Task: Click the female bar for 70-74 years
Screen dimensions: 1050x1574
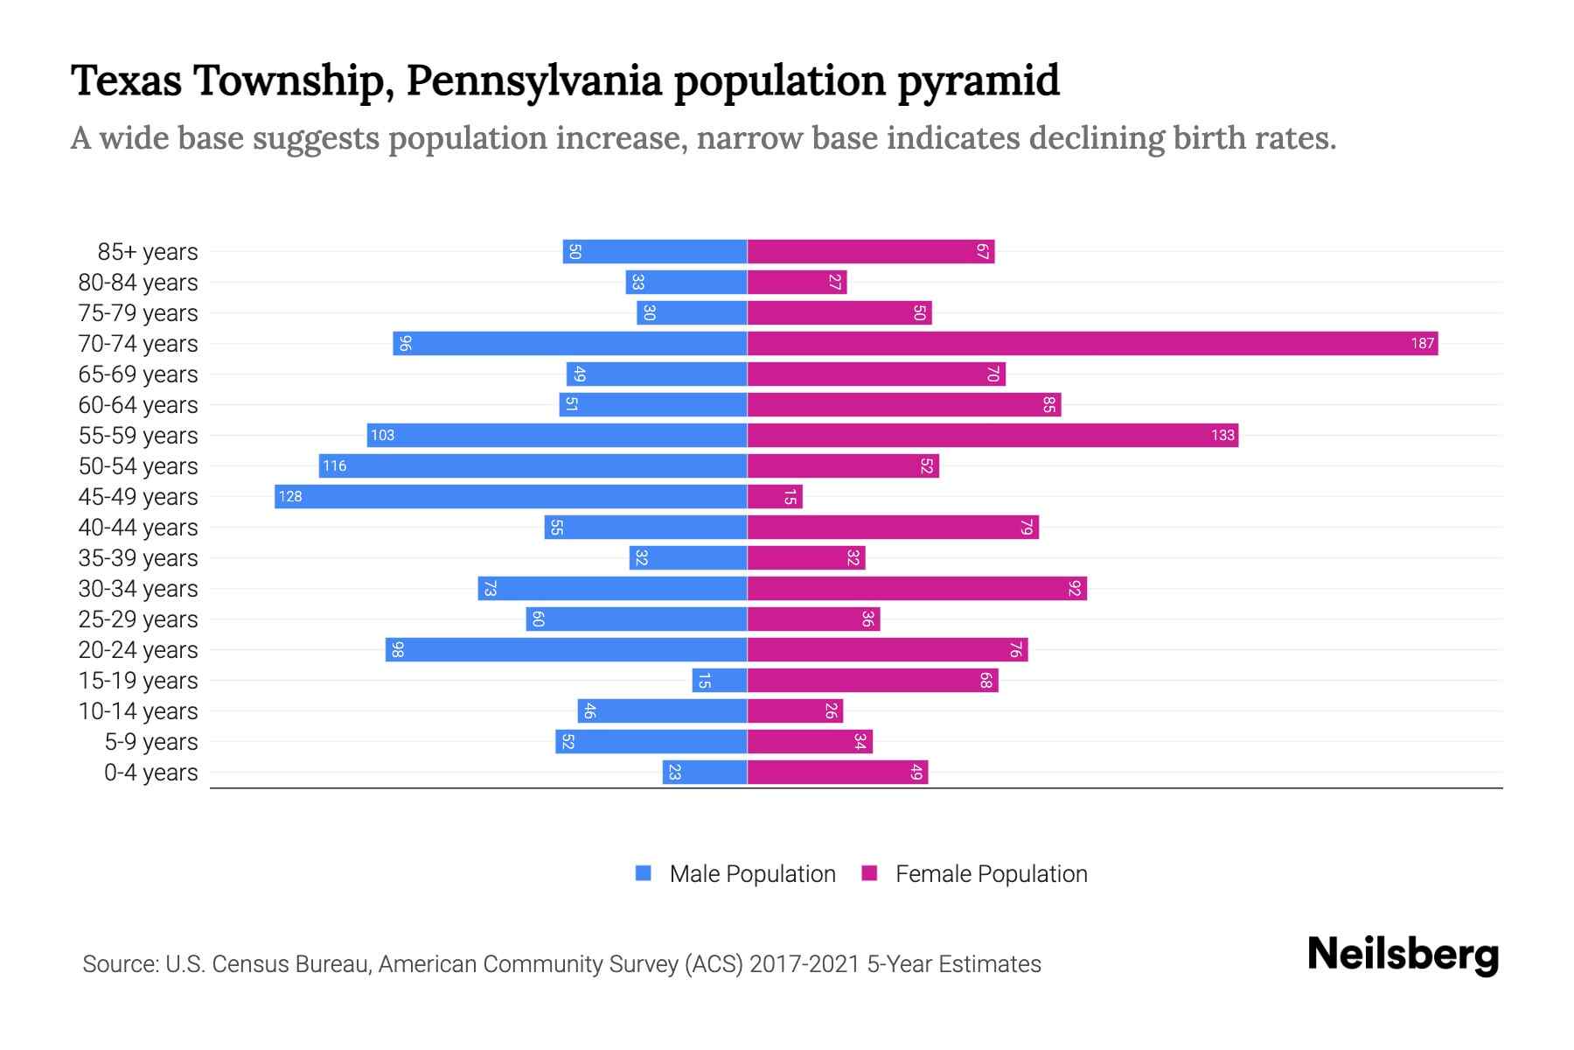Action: [1092, 344]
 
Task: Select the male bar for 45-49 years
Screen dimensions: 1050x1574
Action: [511, 497]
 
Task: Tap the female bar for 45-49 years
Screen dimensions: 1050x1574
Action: [775, 497]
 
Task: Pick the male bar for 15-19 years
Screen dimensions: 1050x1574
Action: [720, 681]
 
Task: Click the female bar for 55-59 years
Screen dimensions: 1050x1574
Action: [992, 436]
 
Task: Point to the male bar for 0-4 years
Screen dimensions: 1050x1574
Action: [705, 773]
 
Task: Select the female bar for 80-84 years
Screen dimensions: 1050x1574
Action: [797, 283]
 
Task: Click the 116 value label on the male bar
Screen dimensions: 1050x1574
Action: [335, 466]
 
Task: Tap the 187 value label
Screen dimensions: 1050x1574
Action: [1422, 344]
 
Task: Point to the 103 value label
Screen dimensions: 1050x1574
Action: [383, 436]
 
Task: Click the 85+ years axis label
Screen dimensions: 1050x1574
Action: [148, 252]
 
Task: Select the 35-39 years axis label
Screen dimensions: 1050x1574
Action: [138, 558]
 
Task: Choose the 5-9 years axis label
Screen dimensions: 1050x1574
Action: [151, 742]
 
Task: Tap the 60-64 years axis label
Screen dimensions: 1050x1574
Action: [138, 405]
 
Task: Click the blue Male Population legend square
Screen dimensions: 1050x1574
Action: [644, 873]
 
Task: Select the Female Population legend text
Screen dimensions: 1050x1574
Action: [991, 874]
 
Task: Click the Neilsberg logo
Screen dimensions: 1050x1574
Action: [1403, 955]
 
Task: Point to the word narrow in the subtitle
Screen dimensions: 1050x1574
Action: [749, 138]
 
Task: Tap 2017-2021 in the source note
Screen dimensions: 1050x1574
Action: [804, 964]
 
